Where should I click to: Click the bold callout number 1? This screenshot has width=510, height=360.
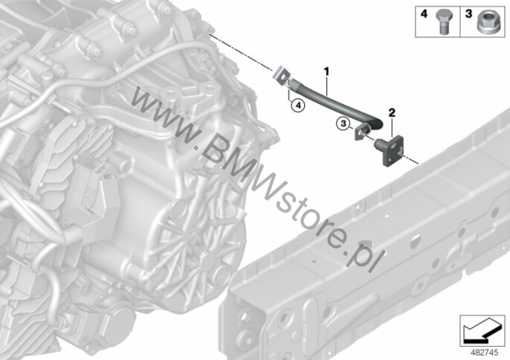tap(326, 71)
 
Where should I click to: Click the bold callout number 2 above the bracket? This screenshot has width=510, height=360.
tap(392, 113)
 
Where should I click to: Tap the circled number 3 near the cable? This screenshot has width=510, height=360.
tap(343, 123)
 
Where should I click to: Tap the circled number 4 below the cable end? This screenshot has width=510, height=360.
tap(298, 105)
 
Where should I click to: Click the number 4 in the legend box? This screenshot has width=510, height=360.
tap(424, 14)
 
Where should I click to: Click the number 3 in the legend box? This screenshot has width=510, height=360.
tap(468, 14)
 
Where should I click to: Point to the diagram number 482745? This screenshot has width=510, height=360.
tap(485, 353)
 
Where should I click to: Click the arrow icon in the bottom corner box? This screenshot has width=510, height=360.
tap(481, 331)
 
